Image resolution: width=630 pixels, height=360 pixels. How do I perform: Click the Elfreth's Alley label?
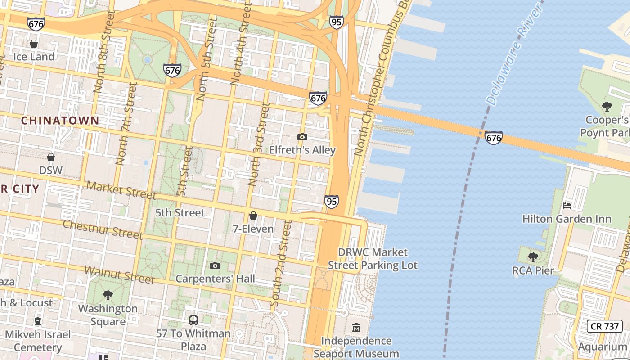pos(302,150)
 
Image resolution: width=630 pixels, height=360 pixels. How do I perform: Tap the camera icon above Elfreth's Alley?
pos(302,137)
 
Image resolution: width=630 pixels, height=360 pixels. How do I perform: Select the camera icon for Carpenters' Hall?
pos(215,265)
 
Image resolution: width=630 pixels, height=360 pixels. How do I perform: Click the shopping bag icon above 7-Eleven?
pos(253,216)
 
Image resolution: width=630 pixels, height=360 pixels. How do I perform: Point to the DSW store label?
pos(51,170)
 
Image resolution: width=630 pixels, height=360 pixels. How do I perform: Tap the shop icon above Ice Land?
pos(34,44)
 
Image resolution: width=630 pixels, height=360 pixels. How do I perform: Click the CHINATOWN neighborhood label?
pos(60,121)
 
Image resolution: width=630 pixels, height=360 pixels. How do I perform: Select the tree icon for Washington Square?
pos(108,295)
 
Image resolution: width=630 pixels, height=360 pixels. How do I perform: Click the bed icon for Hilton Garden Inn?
pos(567,206)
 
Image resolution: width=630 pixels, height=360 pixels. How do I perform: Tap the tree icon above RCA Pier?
pos(533,257)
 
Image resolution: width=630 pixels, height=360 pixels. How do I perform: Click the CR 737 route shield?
pos(605,326)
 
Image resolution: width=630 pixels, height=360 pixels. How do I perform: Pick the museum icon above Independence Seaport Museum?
pos(356,327)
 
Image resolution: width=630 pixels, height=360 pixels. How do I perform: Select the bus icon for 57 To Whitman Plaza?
pos(193,320)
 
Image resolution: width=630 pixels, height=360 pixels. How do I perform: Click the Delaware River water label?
pos(515,54)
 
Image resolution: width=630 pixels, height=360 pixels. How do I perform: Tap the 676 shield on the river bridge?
pos(494,138)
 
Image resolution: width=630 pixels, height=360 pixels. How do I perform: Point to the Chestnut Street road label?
pos(103,229)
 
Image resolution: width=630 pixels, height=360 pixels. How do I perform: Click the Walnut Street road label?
pos(120,275)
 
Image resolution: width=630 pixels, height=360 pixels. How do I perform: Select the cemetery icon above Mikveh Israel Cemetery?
pos(38,321)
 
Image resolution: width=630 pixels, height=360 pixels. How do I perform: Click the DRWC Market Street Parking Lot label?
pos(373,259)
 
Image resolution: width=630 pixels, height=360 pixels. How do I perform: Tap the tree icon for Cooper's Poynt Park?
pos(607,107)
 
